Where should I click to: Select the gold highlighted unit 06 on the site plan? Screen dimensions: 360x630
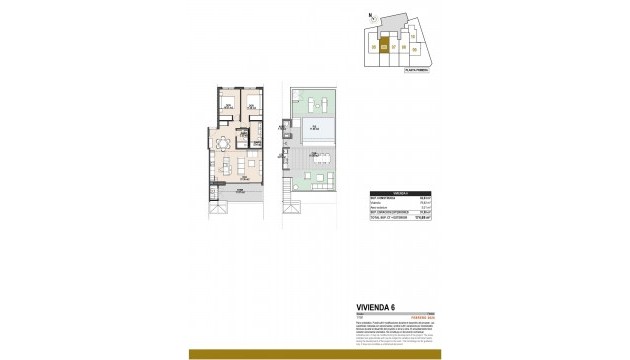(385, 45)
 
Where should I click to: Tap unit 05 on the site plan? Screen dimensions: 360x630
(374, 46)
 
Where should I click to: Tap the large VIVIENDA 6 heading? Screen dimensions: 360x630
(380, 307)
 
